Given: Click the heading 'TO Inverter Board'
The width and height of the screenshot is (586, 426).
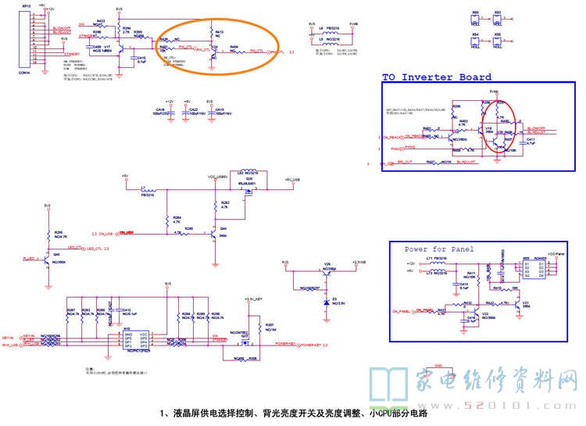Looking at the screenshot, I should tap(437, 77).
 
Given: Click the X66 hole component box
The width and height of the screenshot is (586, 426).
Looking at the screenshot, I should tap(476, 16).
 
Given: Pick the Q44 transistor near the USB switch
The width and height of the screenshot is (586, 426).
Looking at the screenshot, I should tap(212, 232).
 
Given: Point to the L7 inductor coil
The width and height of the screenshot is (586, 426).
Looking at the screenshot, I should tap(146, 188).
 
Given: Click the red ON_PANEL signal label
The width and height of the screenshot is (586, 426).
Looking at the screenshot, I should tap(402, 310).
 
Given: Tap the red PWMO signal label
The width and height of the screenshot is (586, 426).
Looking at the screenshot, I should tap(397, 146).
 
